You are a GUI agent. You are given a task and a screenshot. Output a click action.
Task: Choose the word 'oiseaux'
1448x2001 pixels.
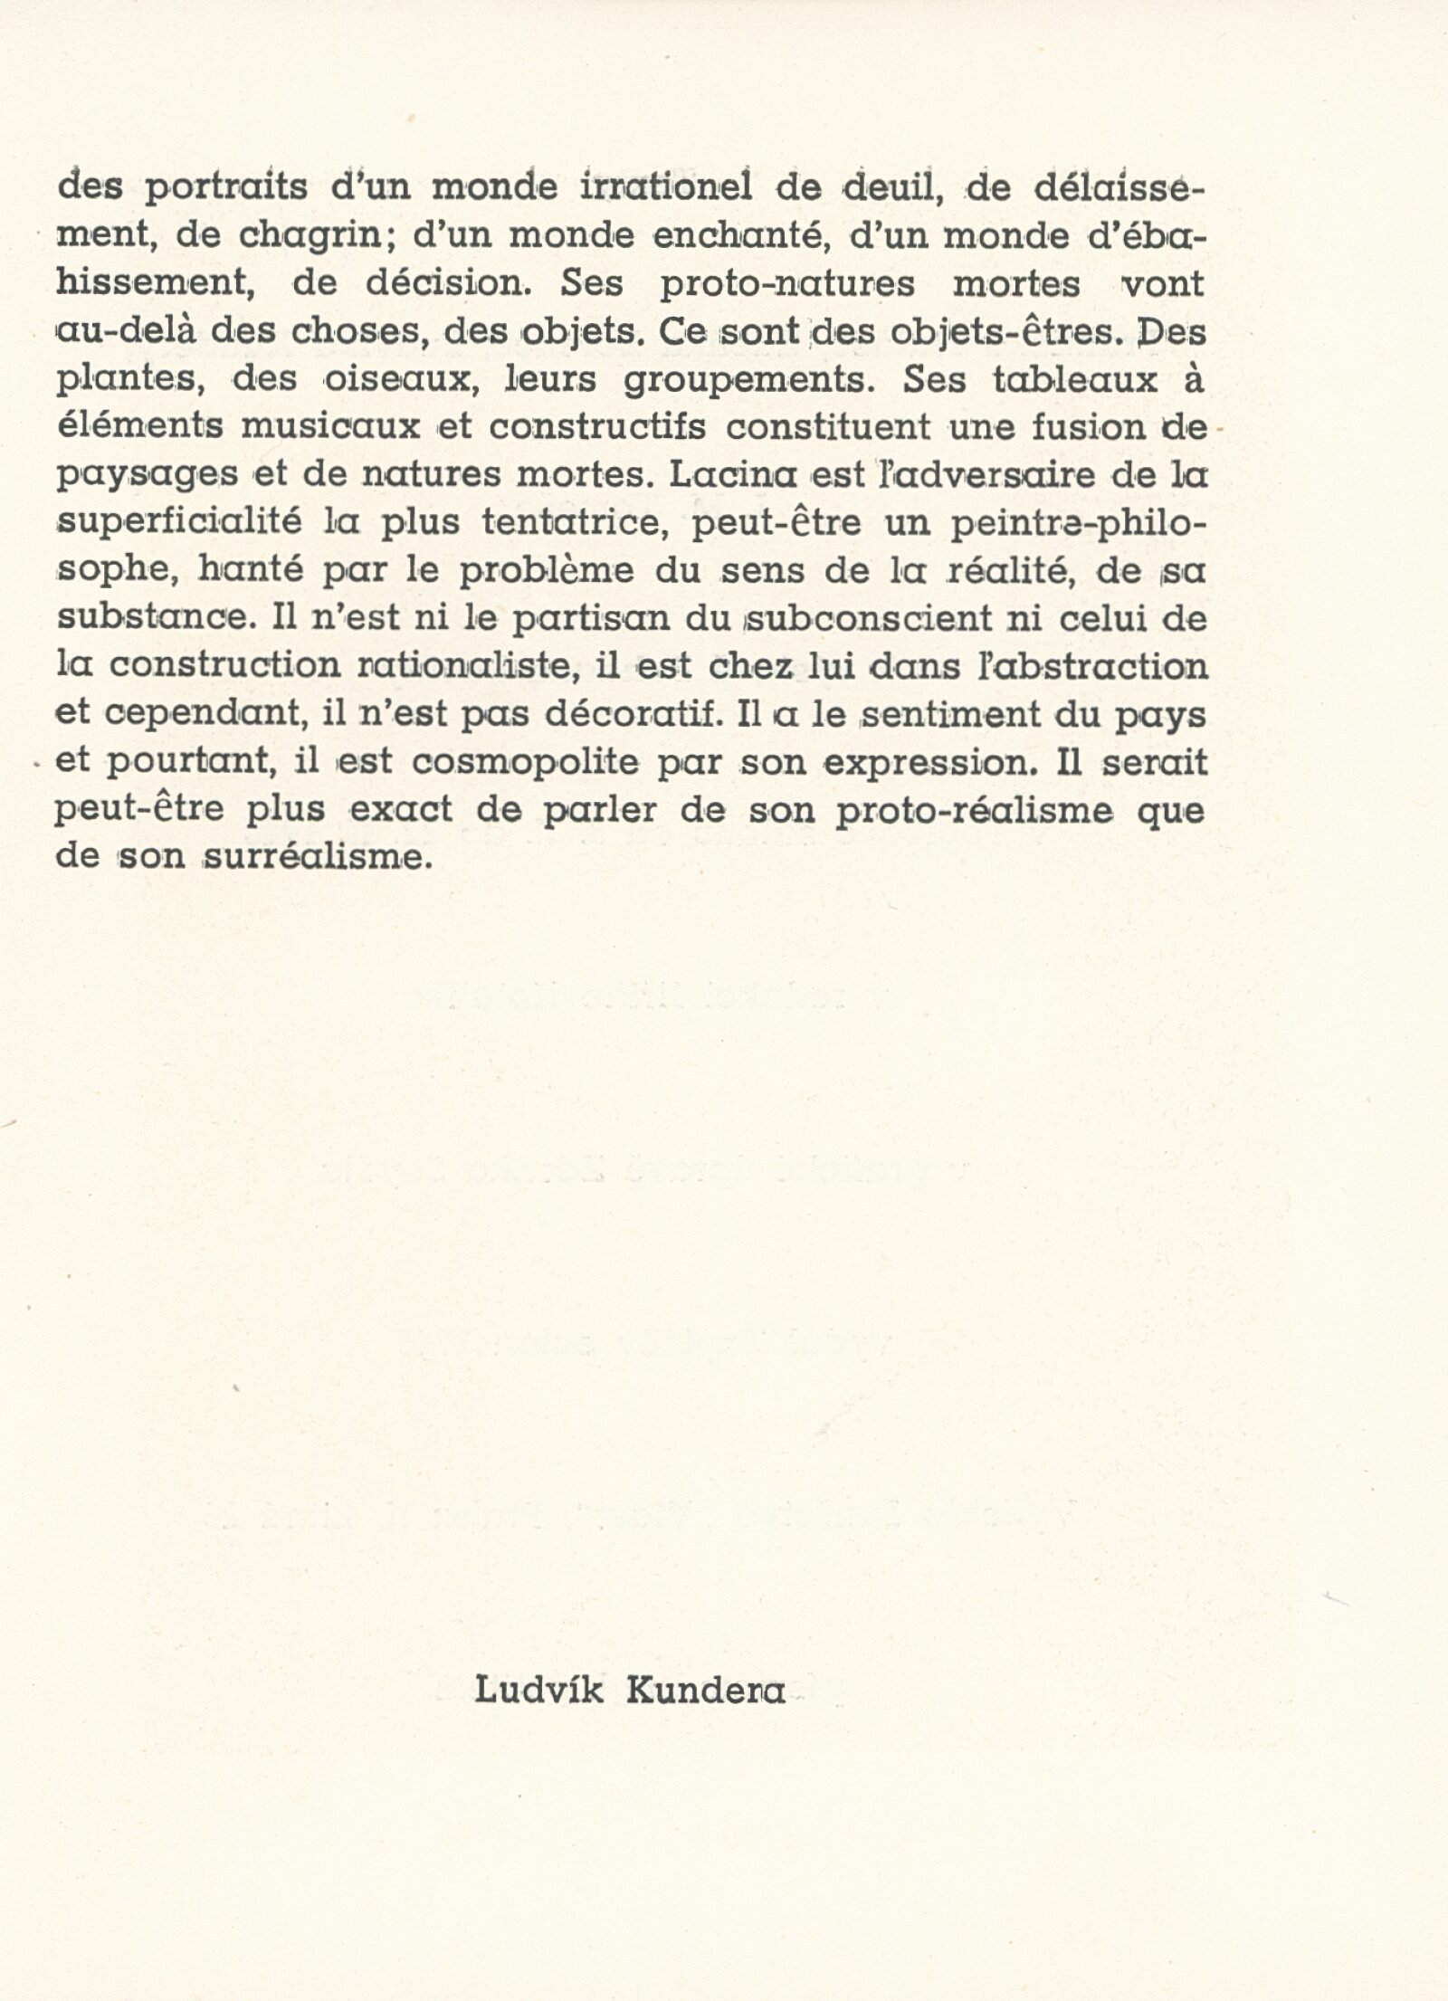click(x=396, y=379)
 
